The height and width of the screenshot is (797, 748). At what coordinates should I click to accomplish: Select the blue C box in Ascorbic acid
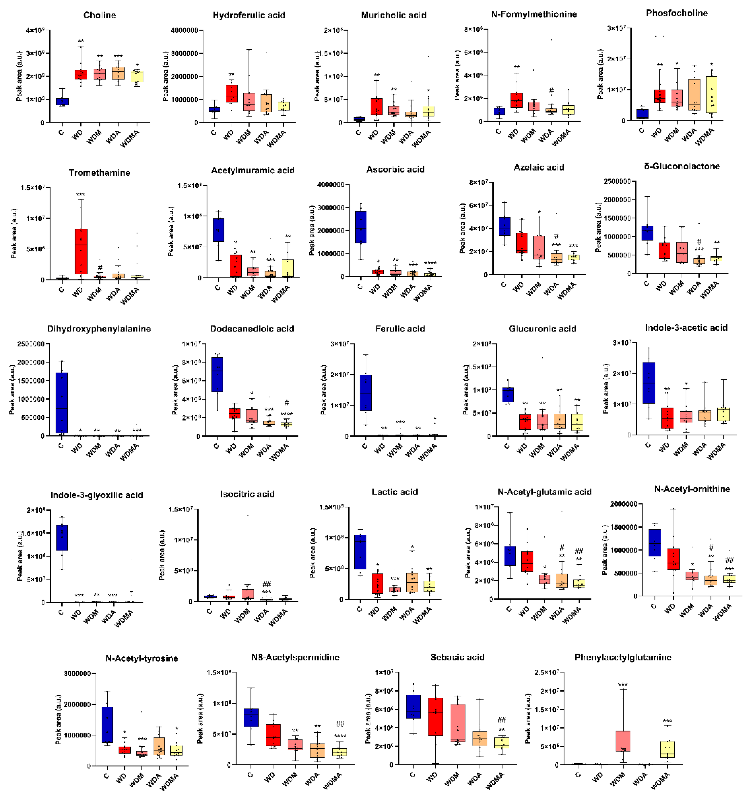pyautogui.click(x=360, y=227)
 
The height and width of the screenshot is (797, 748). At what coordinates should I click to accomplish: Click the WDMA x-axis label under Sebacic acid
pyautogui.click(x=495, y=781)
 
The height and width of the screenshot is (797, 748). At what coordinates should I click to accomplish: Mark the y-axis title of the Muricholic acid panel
pyautogui.click(x=317, y=76)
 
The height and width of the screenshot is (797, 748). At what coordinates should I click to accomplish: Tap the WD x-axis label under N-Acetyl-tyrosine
pyautogui.click(x=121, y=777)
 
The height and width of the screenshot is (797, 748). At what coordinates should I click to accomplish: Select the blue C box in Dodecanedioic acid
pyautogui.click(x=217, y=374)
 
